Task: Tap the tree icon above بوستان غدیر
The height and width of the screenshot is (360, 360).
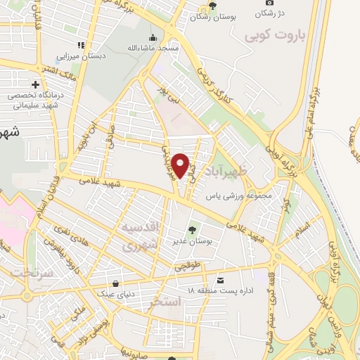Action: (192, 229)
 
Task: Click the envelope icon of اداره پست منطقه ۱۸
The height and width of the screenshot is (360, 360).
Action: (221, 281)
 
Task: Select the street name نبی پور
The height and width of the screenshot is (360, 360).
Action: (167, 94)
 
